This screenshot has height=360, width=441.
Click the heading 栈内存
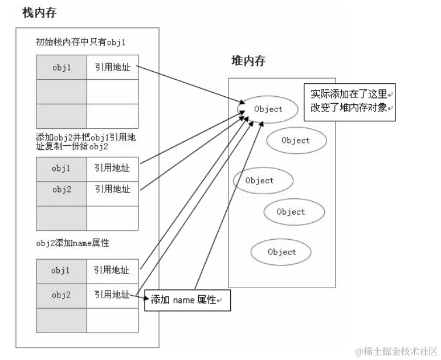coord(39,13)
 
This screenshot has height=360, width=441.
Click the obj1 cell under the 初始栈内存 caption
coord(62,68)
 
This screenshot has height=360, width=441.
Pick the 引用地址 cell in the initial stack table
coord(112,68)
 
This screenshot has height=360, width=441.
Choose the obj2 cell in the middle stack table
coord(62,189)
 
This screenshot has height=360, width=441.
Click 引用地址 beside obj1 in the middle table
coord(112,169)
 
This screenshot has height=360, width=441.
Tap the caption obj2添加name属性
coord(72,243)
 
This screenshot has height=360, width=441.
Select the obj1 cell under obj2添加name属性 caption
coord(62,270)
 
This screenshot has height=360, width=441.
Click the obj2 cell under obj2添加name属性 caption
coord(62,294)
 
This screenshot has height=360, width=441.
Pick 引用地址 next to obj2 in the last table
coord(112,294)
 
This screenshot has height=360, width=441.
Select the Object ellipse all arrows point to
coord(268,109)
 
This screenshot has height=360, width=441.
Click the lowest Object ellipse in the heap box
coord(281,252)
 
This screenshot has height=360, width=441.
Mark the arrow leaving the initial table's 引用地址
coord(188,85)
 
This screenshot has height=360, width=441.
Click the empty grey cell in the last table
coord(62,320)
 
